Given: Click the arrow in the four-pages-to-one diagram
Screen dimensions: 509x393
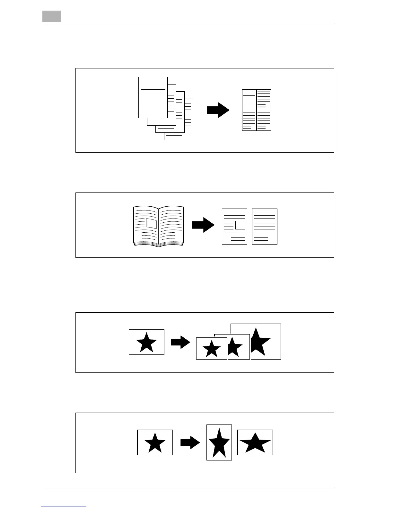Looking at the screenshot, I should pyautogui.click(x=218, y=110).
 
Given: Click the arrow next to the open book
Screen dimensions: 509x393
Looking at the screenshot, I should pyautogui.click(x=203, y=225).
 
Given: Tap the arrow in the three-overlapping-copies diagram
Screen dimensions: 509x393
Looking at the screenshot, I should pyautogui.click(x=180, y=342).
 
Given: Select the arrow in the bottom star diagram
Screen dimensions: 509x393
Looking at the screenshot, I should pyautogui.click(x=190, y=442).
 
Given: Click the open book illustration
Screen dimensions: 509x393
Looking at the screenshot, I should pyautogui.click(x=159, y=227).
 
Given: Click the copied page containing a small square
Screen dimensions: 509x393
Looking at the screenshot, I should pyautogui.click(x=234, y=227).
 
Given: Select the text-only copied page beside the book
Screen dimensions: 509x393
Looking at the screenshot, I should pyautogui.click(x=265, y=227).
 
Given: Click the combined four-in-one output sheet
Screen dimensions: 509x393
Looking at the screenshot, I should pyautogui.click(x=257, y=110).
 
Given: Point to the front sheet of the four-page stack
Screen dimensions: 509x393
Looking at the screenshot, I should pyautogui.click(x=153, y=97).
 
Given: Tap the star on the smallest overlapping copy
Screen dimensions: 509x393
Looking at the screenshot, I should pyautogui.click(x=212, y=349).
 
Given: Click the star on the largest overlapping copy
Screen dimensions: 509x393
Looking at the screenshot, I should pyautogui.click(x=261, y=341).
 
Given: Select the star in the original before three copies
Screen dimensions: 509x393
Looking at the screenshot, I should pyautogui.click(x=147, y=343).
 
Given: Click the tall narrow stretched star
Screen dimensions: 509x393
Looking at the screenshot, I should pyautogui.click(x=219, y=443).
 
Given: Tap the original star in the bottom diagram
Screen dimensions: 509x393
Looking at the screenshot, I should pyautogui.click(x=155, y=443).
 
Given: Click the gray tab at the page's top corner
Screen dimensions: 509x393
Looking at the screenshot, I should pyautogui.click(x=51, y=16).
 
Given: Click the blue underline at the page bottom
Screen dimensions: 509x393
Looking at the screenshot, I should pyautogui.click(x=64, y=507).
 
